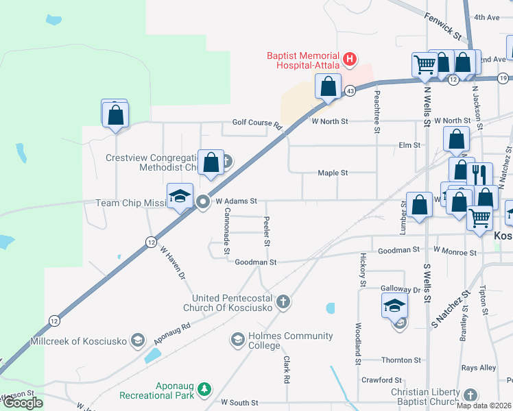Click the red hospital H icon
(350, 60)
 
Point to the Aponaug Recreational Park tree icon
(204, 389)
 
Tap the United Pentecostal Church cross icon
(283, 301)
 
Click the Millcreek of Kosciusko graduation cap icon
(137, 340)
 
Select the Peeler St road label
(267, 232)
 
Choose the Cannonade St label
(226, 232)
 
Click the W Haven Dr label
(174, 264)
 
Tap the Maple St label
(333, 173)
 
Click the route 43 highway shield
(350, 90)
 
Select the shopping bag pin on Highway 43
(329, 87)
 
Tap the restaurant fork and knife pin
(479, 175)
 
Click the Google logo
(23, 403)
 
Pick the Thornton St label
(401, 360)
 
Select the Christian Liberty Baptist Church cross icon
(470, 395)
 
